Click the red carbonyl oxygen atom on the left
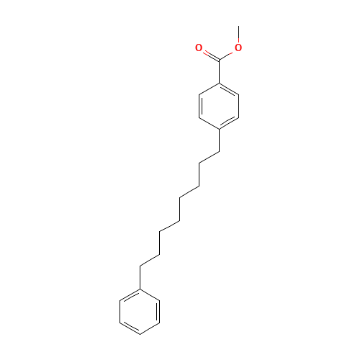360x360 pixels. tap(199, 48)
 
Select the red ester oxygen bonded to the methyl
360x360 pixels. tap(238, 48)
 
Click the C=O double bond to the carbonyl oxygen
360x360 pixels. tap(208, 54)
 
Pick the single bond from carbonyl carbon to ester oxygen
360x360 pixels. tap(228, 54)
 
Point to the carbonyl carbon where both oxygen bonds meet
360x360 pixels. tap(218, 60)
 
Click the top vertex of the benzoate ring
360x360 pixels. tap(218, 83)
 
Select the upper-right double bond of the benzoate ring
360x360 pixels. tap(228, 89)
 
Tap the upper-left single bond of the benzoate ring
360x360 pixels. tap(208, 89)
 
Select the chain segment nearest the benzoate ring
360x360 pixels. tap(209, 157)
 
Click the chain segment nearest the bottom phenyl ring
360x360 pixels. tap(150, 260)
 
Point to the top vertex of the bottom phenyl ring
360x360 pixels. tap(140, 289)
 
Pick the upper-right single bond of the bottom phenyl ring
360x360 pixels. tap(150, 295)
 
